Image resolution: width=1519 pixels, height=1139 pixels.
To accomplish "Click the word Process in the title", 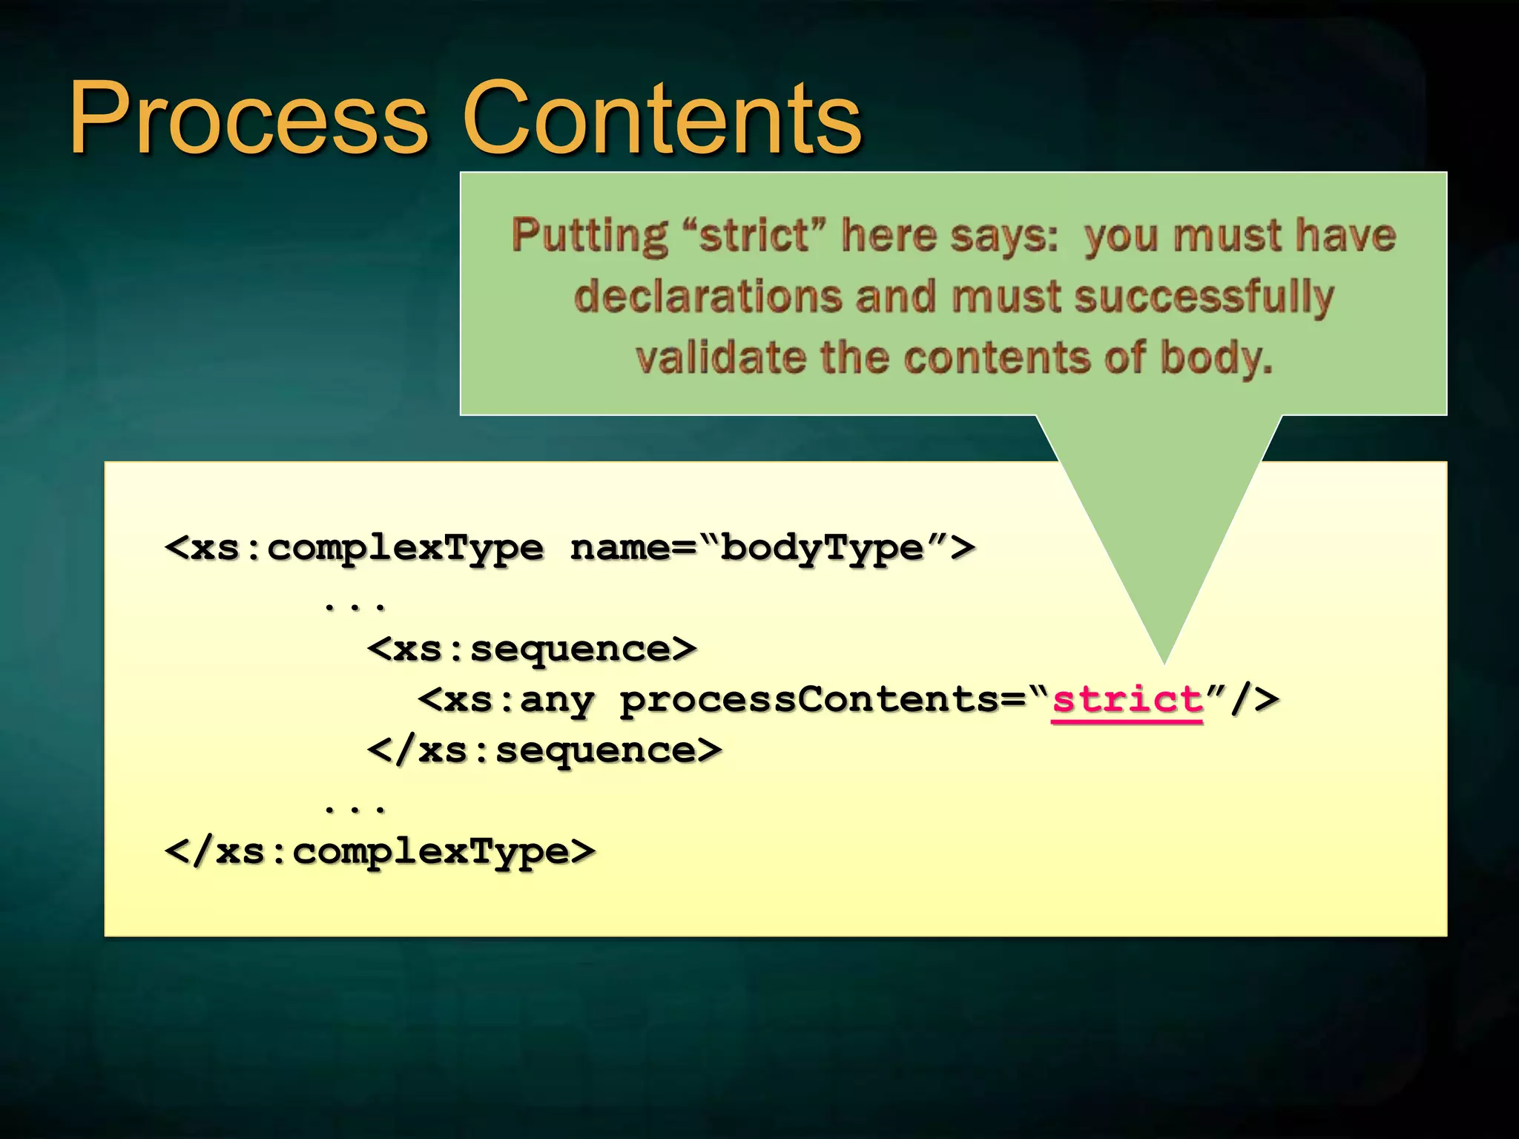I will (x=248, y=119).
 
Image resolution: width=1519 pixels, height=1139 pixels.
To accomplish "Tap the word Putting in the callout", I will (x=590, y=236).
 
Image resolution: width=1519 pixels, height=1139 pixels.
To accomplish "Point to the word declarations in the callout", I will (x=708, y=297).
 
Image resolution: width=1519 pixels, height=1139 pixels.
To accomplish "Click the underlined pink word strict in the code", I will (x=1127, y=699).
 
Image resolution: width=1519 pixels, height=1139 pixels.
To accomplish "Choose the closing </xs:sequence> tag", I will (x=544, y=750).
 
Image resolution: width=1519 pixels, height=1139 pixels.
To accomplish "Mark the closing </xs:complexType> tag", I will (x=380, y=851).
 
